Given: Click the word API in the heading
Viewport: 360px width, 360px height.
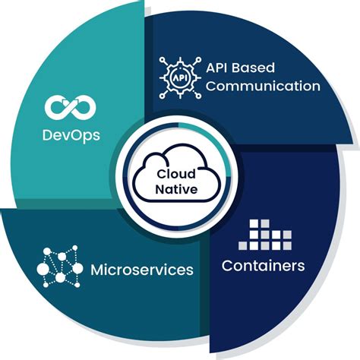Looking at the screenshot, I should [x=219, y=66].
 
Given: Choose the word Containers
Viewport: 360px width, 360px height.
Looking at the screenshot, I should [x=263, y=266].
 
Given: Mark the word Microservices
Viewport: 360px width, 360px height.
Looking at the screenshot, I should [x=141, y=270].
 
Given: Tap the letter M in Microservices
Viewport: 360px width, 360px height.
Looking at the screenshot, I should [x=96, y=270].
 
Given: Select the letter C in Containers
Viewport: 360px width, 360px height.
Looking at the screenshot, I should [x=227, y=266].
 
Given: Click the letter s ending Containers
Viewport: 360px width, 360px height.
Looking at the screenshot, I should [x=301, y=267].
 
